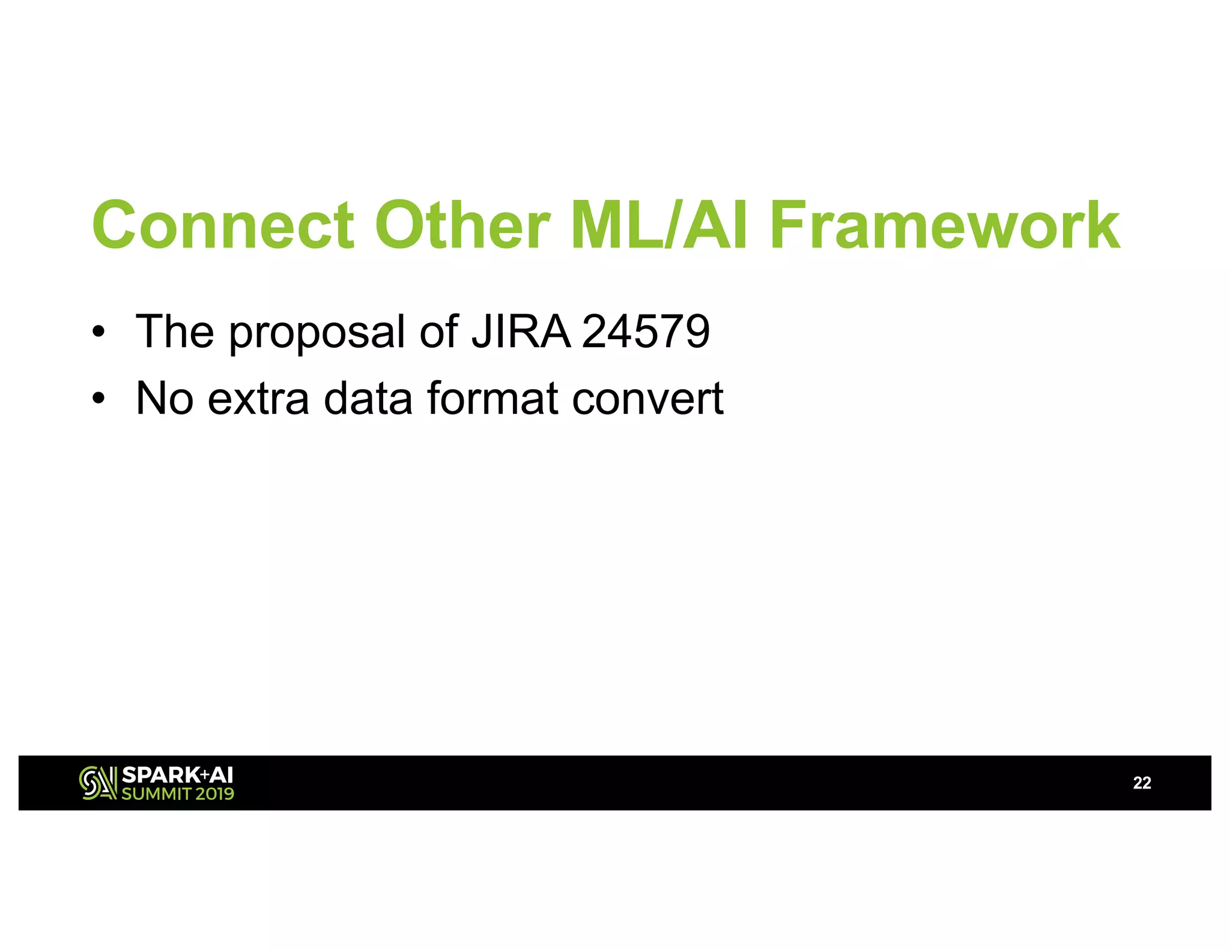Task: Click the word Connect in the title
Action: pos(223,225)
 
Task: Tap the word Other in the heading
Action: pos(462,225)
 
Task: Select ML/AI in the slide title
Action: pos(659,225)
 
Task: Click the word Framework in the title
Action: pos(944,225)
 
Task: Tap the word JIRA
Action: pos(520,331)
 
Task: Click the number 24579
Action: pos(646,331)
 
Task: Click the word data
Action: pos(368,398)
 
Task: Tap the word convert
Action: pos(647,399)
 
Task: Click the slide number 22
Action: pos(1142,783)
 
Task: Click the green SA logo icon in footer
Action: pos(97,783)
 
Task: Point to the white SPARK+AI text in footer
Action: pos(177,775)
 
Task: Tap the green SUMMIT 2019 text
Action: pos(178,794)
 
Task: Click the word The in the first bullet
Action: pos(175,331)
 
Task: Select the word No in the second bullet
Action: pos(165,398)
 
